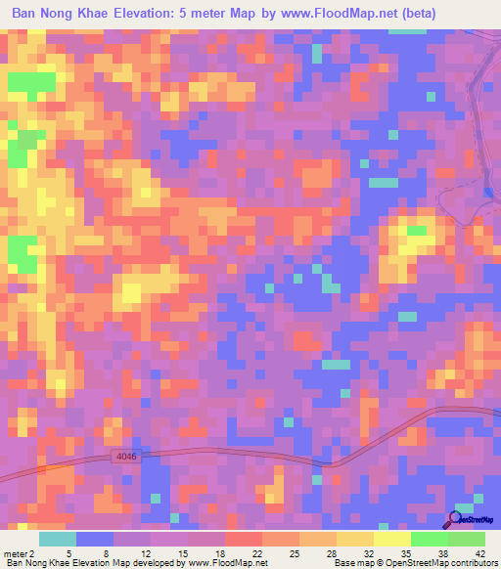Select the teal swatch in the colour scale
57,539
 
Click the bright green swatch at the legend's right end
466,539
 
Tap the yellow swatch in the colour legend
354,539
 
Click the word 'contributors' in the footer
472,563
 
